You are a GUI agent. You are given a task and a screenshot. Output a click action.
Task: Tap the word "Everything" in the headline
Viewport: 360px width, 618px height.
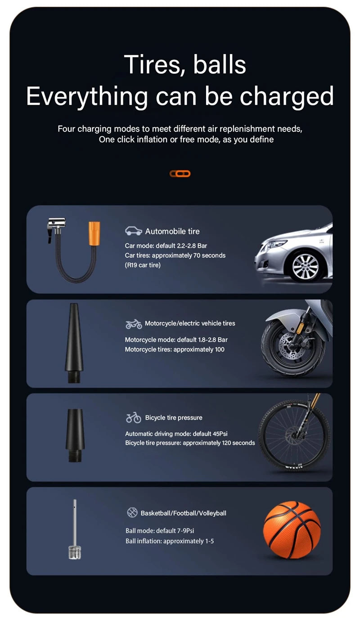(x=87, y=96)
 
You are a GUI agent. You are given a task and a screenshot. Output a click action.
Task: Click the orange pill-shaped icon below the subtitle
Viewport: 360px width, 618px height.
(x=180, y=174)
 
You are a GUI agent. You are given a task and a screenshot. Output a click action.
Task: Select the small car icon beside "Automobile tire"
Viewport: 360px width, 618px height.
(x=133, y=231)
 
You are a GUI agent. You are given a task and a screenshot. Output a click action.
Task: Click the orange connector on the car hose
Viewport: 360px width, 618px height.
(x=94, y=233)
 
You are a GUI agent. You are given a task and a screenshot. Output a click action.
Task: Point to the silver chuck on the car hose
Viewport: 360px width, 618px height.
(x=57, y=224)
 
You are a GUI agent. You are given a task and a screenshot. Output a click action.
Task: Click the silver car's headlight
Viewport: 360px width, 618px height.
(x=273, y=245)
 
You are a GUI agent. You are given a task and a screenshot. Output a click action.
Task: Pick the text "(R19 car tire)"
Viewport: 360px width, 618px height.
(x=143, y=265)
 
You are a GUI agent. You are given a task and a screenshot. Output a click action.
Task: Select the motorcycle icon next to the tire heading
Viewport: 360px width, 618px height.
(x=133, y=324)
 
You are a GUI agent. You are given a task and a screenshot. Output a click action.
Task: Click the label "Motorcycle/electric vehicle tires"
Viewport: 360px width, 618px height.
(x=190, y=323)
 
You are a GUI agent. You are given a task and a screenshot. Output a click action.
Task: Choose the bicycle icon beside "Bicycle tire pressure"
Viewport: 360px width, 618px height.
(x=133, y=418)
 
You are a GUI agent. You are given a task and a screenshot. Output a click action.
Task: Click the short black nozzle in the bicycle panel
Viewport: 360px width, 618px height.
(x=75, y=434)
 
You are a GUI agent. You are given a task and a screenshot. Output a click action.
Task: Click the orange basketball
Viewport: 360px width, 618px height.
(x=292, y=530)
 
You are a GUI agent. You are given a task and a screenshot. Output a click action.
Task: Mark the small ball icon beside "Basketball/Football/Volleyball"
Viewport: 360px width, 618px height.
(x=132, y=512)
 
